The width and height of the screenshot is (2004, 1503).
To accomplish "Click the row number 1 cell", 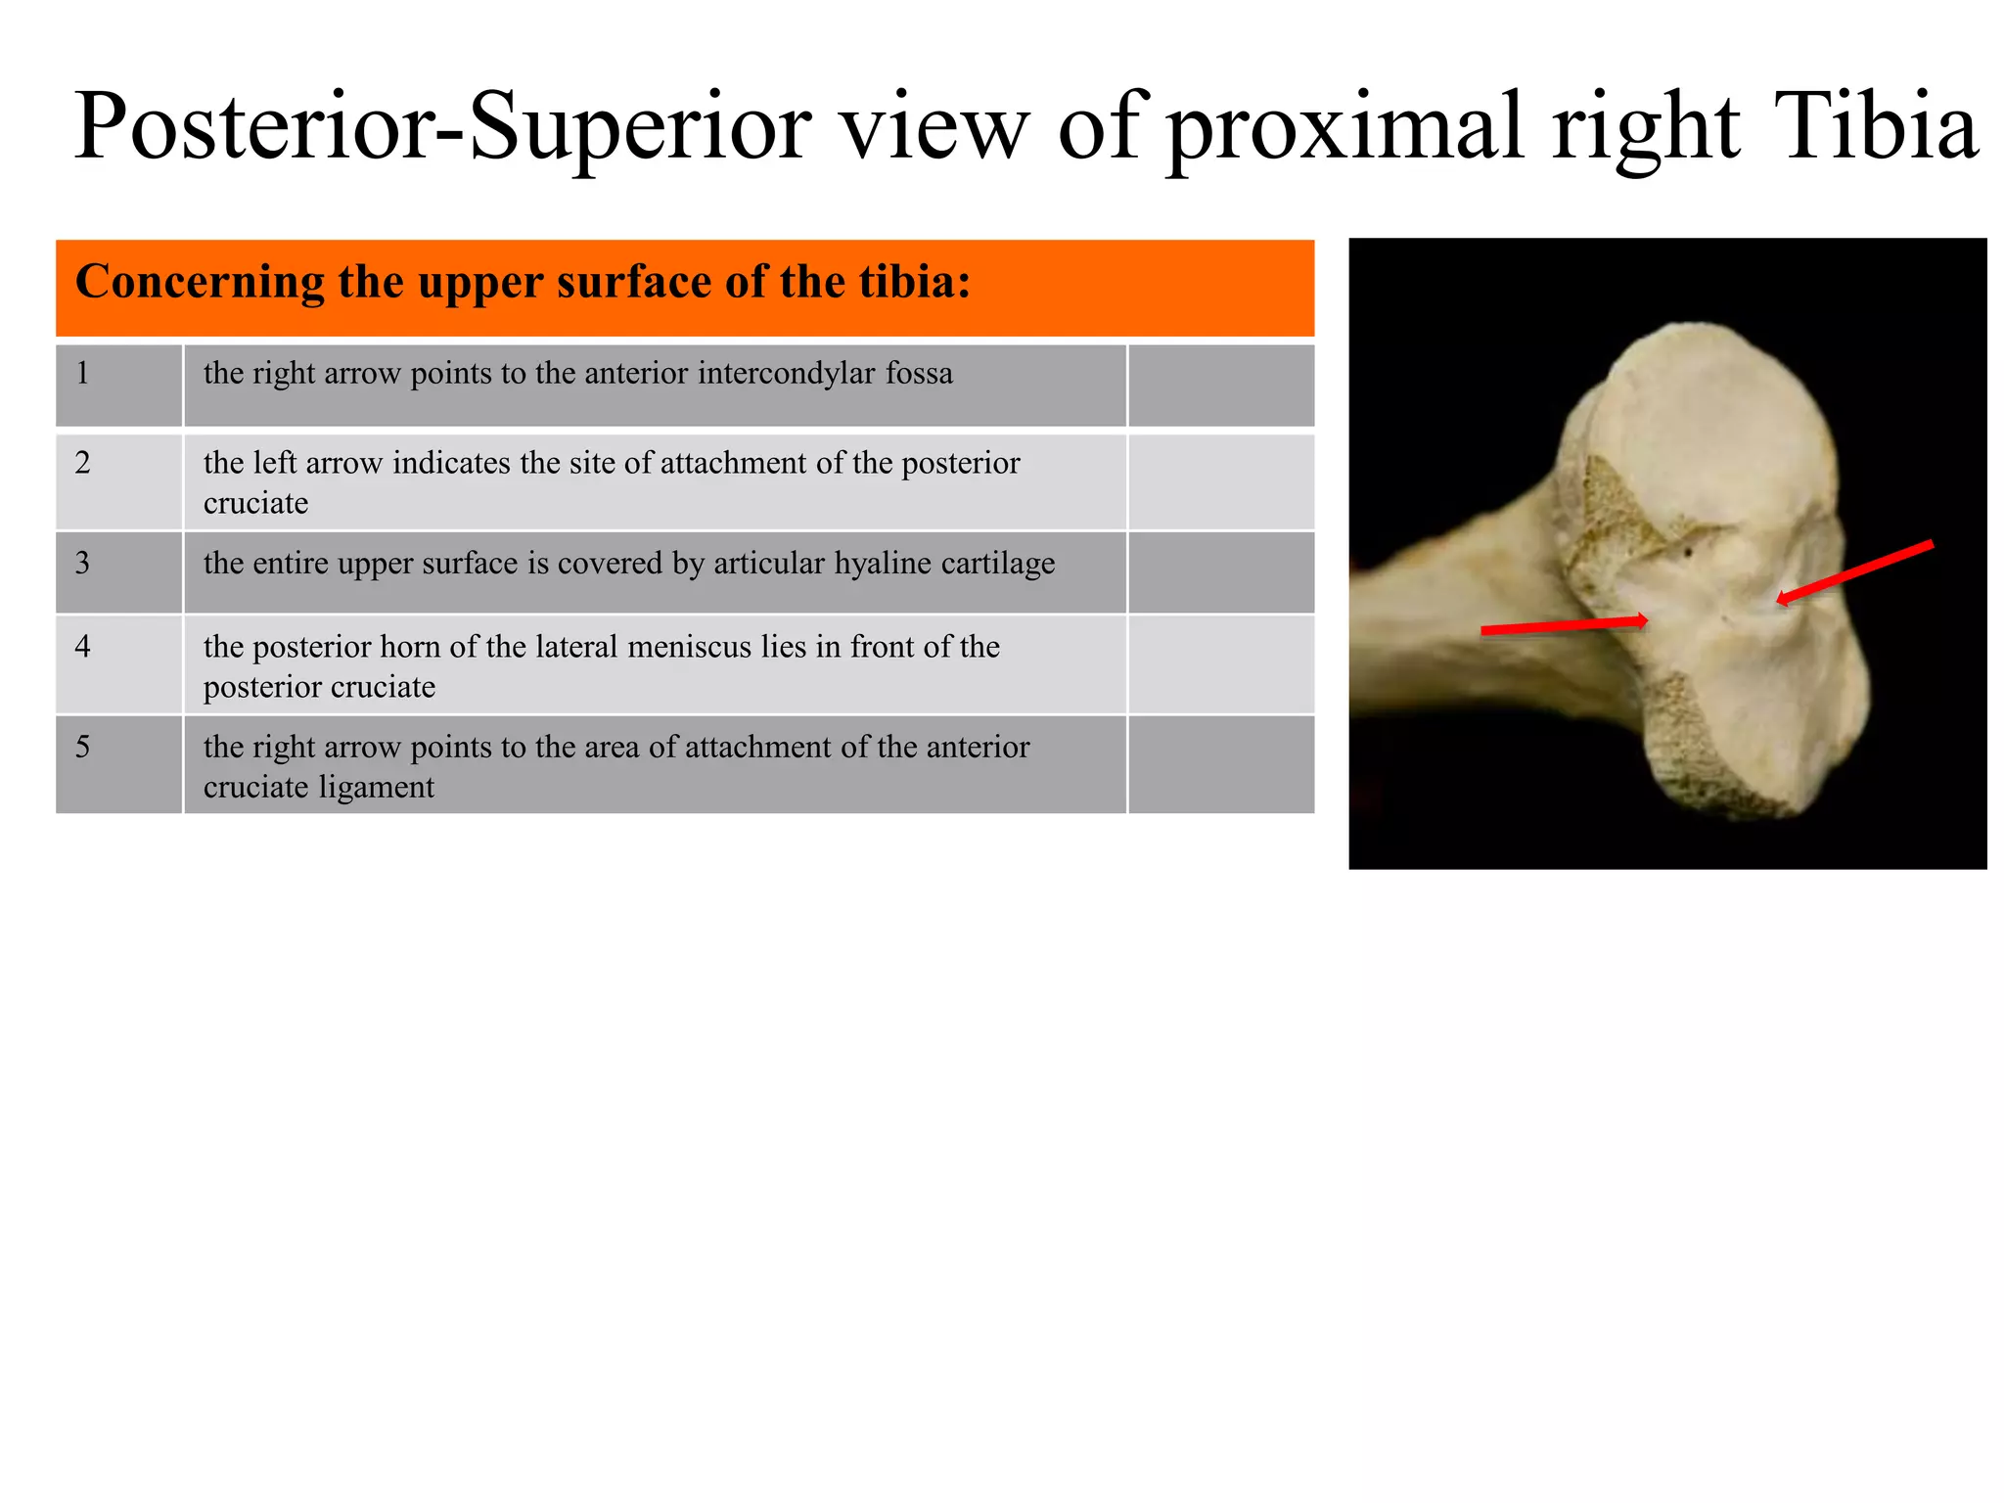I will pos(118,385).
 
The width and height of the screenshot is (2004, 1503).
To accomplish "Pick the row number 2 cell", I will pos(118,481).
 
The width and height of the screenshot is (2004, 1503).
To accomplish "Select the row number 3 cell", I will pos(118,572).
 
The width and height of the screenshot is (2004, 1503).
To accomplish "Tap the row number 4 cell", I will pos(118,663).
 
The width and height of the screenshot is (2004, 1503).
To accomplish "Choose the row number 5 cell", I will pos(118,764).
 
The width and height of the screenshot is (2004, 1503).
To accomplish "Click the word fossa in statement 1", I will pos(919,374).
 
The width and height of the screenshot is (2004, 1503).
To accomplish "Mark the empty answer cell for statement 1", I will pos(1220,385).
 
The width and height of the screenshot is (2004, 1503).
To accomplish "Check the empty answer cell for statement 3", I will pos(1220,572).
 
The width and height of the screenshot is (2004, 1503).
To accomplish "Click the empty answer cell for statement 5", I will pos(1220,764).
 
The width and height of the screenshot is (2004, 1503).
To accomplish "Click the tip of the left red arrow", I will pos(1647,619).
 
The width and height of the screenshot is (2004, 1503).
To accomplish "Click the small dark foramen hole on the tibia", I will pos(1688,554).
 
